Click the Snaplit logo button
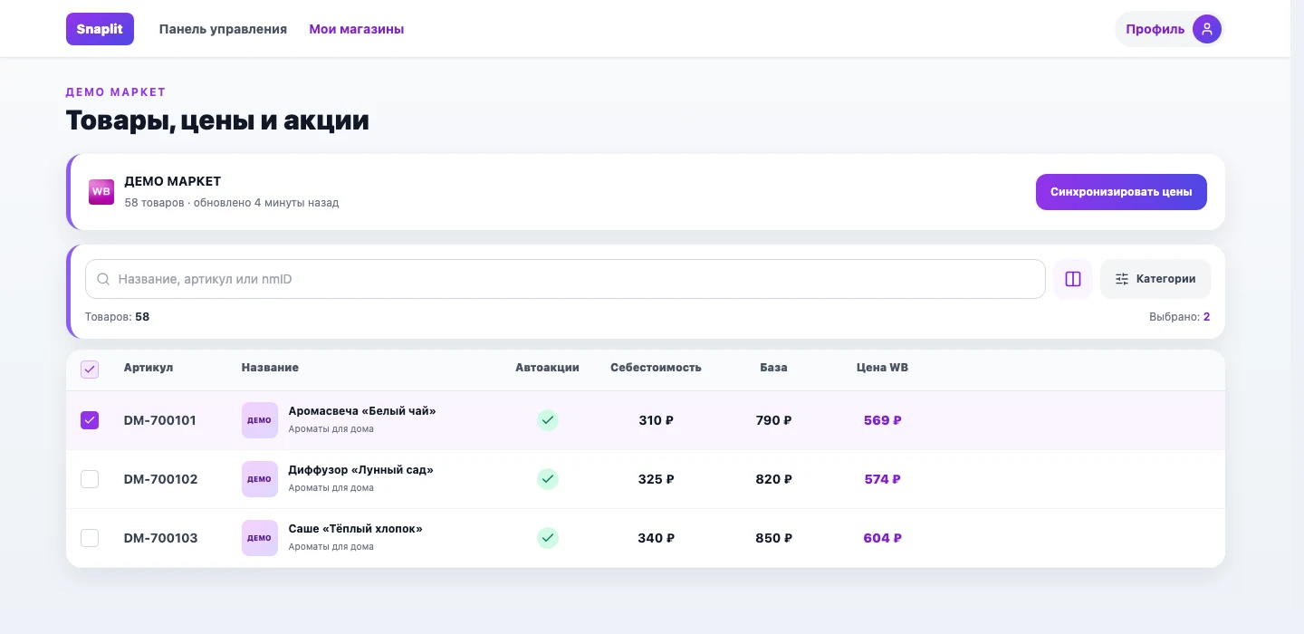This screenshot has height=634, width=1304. tap(100, 29)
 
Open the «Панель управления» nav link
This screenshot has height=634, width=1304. tap(223, 29)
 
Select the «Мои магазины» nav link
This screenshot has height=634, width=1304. tap(356, 29)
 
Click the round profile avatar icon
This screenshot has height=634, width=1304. tap(1207, 29)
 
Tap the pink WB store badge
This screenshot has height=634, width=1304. tap(101, 191)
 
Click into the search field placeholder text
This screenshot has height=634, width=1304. tap(205, 279)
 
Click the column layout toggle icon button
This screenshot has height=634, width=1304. tap(1073, 279)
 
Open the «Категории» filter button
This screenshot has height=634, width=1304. tap(1155, 279)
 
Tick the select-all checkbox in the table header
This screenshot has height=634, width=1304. tap(90, 370)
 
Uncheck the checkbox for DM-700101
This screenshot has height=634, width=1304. tap(90, 420)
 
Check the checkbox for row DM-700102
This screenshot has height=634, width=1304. tap(90, 479)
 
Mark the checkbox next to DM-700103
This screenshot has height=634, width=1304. tap(90, 538)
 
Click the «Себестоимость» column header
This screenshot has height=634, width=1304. tap(656, 368)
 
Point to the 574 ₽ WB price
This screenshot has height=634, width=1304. tap(883, 479)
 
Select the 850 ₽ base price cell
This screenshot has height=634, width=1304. tap(773, 538)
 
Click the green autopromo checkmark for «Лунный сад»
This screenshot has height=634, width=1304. tap(547, 479)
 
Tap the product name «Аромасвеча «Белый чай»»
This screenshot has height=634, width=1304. tap(362, 411)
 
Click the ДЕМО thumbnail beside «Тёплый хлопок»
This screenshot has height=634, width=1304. tap(260, 538)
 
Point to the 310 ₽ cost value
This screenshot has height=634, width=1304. tap(656, 420)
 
